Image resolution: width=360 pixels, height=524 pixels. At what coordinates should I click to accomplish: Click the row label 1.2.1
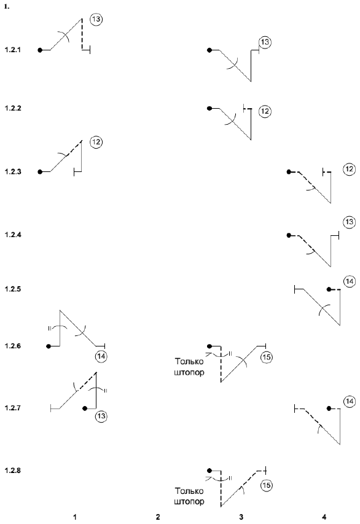point(13,50)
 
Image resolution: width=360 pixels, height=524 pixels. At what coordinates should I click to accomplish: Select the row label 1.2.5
point(13,289)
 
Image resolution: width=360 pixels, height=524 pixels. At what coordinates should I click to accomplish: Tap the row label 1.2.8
point(13,471)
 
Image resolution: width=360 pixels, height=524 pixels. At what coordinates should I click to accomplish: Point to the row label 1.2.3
point(13,172)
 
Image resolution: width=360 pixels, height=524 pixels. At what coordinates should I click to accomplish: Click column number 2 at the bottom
point(158,517)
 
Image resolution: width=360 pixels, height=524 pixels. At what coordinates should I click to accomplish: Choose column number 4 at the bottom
point(324,517)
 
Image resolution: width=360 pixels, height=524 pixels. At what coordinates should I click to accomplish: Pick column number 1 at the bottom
point(75,517)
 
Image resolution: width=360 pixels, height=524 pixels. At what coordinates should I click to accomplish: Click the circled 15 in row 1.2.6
point(267,358)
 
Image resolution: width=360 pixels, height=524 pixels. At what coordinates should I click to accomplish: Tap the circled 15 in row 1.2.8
point(267,485)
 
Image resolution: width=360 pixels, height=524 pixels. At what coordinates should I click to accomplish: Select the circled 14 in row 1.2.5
point(350,281)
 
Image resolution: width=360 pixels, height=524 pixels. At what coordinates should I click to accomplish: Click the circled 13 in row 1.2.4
point(350,222)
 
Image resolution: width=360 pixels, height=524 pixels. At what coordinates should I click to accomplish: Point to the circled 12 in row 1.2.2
point(265,111)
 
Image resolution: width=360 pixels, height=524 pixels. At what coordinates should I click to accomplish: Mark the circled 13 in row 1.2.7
point(101,416)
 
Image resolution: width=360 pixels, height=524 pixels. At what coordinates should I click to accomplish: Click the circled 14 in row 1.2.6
point(101,356)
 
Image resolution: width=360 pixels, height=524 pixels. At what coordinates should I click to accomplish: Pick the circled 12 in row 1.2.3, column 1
point(96,142)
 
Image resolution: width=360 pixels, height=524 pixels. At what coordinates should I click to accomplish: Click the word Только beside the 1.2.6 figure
point(189,362)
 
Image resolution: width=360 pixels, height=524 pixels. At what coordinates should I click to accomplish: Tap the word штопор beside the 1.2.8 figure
point(189,502)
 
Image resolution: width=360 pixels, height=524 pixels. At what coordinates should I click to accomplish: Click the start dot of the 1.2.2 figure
point(209,108)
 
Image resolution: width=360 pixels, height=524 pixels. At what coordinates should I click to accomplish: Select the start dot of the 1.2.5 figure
point(329,289)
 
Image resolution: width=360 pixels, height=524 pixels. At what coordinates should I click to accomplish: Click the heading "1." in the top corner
point(7,7)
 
